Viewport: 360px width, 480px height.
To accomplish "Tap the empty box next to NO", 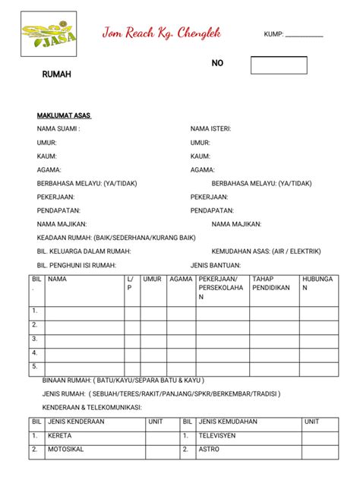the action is tap(279, 65).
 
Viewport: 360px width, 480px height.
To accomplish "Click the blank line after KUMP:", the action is tap(305, 35).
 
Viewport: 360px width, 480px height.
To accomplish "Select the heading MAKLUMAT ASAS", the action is tap(64, 115).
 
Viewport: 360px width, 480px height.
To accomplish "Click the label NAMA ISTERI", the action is tap(210, 128).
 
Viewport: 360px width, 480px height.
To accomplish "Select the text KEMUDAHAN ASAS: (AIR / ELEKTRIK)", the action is tap(266, 251).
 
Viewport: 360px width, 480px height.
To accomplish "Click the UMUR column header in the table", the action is tap(152, 279).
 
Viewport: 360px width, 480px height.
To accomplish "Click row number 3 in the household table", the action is tap(34, 339).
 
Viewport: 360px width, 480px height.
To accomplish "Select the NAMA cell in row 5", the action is tap(84, 368).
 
